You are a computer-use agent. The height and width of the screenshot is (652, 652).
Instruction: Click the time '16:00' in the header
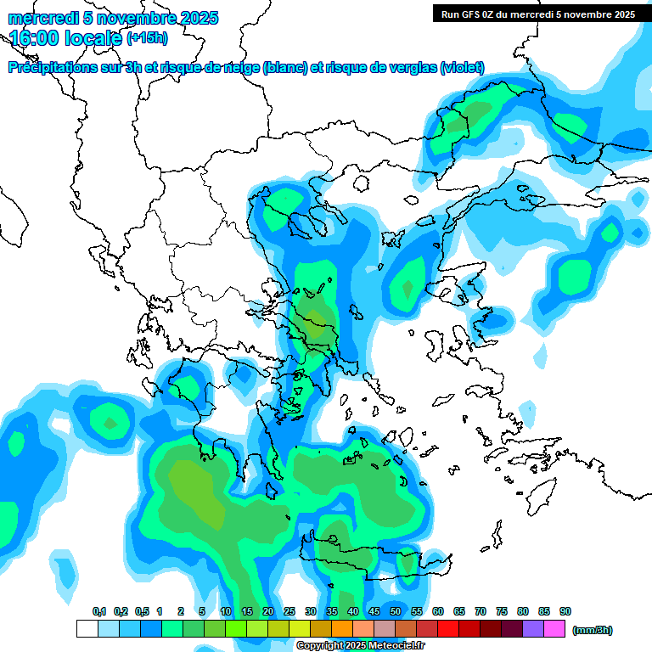click(39, 38)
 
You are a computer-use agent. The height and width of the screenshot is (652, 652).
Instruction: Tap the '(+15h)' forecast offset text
click(147, 38)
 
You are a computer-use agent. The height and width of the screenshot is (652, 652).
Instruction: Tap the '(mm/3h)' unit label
click(593, 630)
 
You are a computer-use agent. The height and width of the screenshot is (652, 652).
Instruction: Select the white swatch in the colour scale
click(87, 629)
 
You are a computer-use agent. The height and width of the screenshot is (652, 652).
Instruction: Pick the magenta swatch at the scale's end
click(554, 629)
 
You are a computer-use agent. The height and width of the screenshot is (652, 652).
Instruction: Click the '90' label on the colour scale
click(565, 611)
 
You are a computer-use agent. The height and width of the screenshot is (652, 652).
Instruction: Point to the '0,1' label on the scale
click(98, 611)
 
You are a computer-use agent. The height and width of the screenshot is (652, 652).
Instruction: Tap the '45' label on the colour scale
click(374, 611)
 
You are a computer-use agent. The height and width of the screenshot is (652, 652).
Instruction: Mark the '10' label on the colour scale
click(226, 611)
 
